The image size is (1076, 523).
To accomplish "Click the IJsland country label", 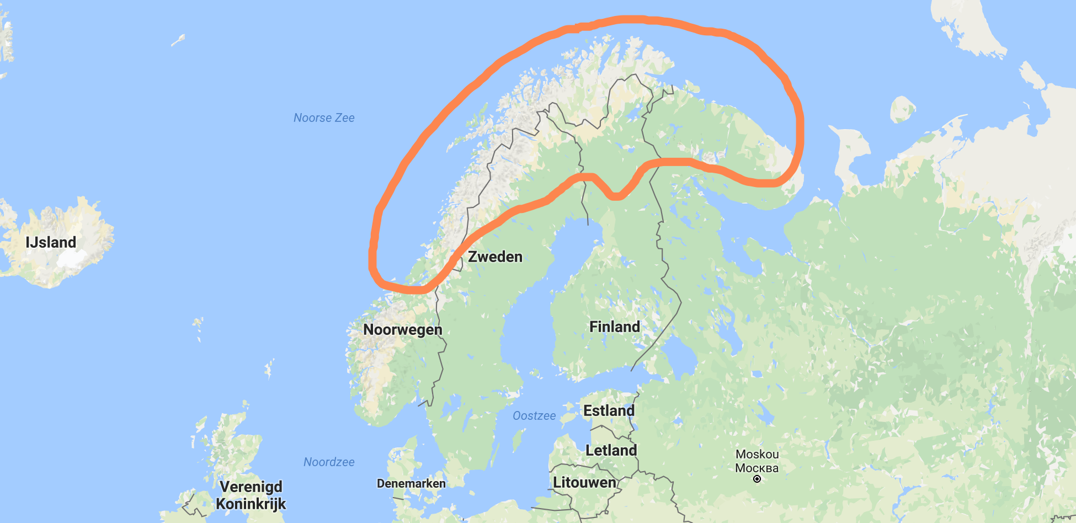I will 51,242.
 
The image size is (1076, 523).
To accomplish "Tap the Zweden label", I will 495,257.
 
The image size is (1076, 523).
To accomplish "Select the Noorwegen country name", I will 403,329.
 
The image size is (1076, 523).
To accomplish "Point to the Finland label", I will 615,327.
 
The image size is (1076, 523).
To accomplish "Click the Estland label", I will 609,410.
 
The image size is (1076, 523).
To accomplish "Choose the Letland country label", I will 611,450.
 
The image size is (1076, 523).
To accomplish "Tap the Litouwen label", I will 584,482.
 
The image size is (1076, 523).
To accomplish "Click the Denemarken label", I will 411,483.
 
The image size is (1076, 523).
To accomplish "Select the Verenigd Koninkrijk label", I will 251,495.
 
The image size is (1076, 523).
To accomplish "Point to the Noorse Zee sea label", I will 324,118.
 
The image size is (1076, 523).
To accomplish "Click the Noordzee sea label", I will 329,462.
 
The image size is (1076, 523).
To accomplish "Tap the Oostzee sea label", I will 534,415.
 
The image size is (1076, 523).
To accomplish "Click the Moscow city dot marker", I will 757,479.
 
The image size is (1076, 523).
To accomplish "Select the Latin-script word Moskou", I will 757,454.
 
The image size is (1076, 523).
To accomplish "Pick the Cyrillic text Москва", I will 757,468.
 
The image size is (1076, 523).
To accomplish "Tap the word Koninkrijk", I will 251,504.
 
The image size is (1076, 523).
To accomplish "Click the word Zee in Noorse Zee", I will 344,118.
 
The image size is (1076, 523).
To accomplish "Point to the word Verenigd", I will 251,487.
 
